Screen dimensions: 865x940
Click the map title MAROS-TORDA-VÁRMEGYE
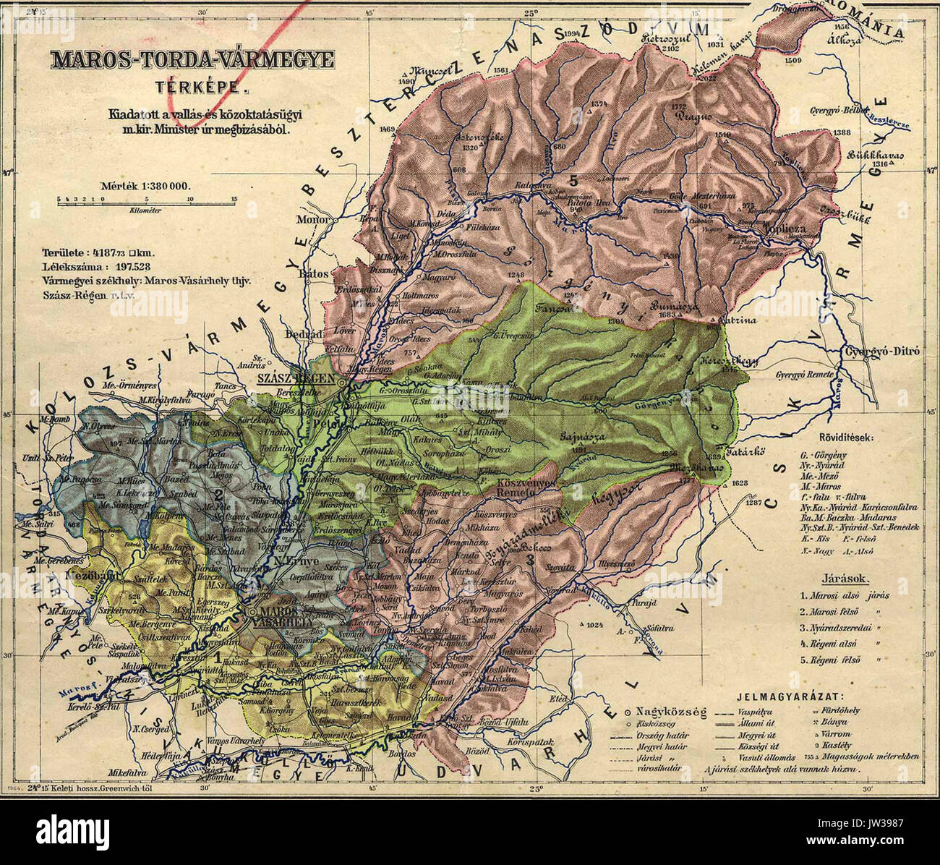click(190, 61)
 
